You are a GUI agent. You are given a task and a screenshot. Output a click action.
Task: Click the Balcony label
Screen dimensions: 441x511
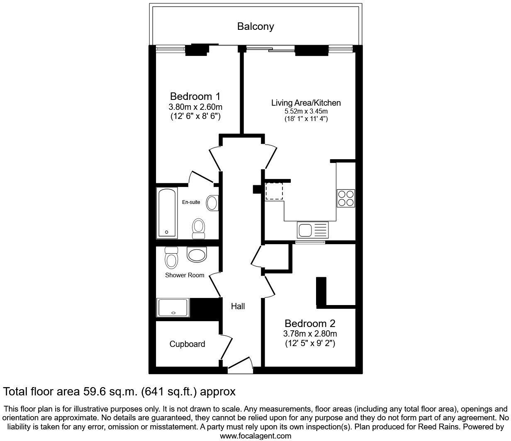255,27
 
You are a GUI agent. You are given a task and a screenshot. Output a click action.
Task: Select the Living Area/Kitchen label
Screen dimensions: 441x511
306,102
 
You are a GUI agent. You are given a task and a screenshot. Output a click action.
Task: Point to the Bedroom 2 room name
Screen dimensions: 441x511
310,323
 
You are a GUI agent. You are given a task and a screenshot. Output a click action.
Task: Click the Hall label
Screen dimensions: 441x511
238,306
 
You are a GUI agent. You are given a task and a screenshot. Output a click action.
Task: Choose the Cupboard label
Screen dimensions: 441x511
187,344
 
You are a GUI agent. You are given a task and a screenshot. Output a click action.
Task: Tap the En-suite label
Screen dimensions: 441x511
191,202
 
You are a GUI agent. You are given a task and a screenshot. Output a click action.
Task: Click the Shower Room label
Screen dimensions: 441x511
185,275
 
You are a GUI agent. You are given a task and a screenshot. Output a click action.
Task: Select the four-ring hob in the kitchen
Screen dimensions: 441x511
346,198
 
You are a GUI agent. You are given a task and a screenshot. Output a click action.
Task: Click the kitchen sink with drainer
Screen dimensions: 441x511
312,230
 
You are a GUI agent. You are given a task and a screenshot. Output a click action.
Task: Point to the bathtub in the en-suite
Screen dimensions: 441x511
167,213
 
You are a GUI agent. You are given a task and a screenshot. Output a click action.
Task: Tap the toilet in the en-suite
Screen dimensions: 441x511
199,228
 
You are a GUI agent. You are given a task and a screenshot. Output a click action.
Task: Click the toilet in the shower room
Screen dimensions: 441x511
171,258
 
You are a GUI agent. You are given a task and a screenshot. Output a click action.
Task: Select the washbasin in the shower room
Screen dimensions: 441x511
197,254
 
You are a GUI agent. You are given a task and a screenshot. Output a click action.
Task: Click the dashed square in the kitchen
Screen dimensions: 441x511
274,191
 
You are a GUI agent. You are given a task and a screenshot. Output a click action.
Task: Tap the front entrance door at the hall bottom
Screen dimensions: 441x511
240,363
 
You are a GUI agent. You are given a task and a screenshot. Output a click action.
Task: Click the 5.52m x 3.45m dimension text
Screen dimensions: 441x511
306,111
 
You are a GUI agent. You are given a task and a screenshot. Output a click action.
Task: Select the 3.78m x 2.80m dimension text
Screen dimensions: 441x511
310,334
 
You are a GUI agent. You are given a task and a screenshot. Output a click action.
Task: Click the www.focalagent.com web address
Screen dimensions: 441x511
255,436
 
